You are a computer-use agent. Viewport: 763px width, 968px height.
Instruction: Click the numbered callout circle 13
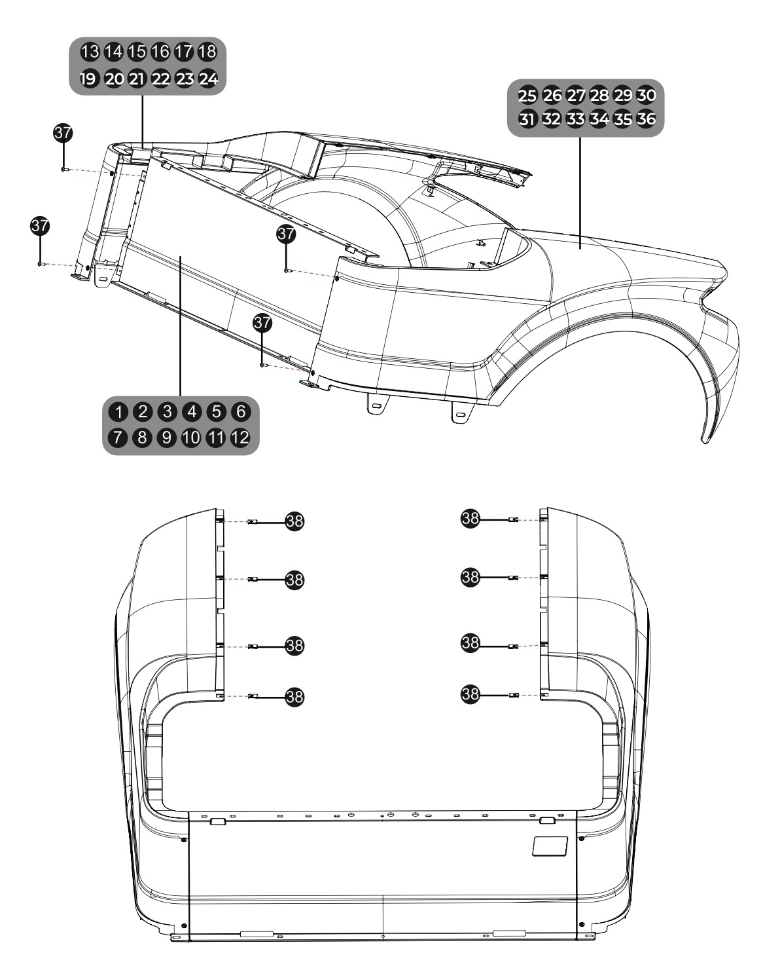[x=89, y=51]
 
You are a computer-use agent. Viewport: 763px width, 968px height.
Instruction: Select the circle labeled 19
[x=88, y=79]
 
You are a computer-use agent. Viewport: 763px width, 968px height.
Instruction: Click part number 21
[x=137, y=79]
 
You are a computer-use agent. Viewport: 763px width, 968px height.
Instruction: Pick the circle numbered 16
[x=160, y=51]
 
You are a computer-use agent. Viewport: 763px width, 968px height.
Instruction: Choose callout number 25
[x=527, y=96]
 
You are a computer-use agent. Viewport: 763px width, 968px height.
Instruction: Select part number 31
[x=527, y=120]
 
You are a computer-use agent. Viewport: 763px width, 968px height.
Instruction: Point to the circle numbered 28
[x=599, y=96]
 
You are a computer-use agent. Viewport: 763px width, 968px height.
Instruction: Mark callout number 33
[x=575, y=120]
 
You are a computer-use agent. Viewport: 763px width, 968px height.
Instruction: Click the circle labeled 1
[x=119, y=412]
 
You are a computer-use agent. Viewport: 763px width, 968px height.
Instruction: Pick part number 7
[x=119, y=438]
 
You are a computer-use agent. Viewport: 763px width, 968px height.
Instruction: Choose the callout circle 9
[x=168, y=438]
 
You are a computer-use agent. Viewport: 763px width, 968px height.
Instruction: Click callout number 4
[x=192, y=412]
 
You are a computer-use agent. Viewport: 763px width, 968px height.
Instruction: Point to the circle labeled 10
[x=192, y=438]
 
